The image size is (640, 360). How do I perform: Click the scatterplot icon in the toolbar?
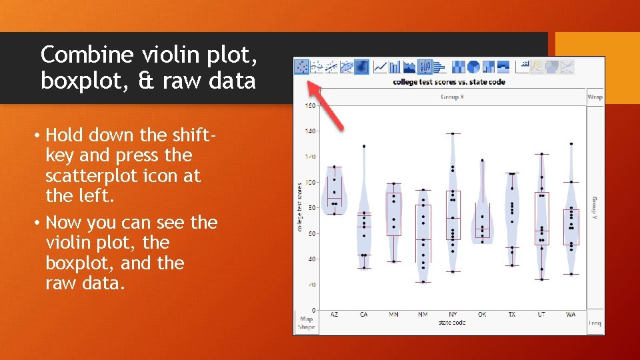[x=302, y=67]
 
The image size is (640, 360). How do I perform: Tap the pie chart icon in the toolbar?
[x=473, y=67]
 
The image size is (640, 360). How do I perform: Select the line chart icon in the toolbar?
[x=380, y=67]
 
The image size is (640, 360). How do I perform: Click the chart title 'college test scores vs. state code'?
[x=449, y=82]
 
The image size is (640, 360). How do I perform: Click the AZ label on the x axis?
[x=334, y=314]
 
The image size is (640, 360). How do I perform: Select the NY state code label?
[x=453, y=314]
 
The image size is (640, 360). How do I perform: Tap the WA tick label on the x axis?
[x=571, y=314]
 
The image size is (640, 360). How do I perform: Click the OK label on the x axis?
[x=482, y=314]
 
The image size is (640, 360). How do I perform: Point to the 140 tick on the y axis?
[x=311, y=131]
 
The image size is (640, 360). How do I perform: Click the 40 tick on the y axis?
[x=311, y=259]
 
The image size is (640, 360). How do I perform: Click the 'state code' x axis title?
[x=452, y=323]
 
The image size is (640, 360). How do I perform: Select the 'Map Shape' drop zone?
[x=306, y=323]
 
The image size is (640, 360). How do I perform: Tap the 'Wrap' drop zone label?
[x=595, y=97]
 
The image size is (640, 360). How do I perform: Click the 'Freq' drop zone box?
[x=595, y=323]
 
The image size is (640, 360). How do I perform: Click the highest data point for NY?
[x=453, y=133]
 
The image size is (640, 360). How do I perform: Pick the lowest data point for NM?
[x=423, y=281]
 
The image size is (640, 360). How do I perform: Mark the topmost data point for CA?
[x=364, y=146]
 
